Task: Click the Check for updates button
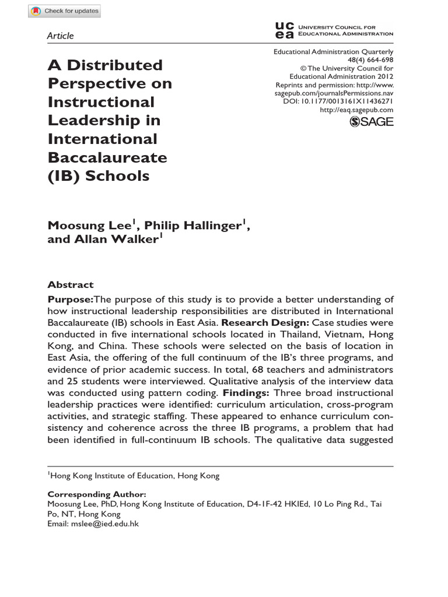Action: tap(65, 10)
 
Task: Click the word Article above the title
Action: tap(60, 36)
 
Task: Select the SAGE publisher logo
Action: tap(371, 121)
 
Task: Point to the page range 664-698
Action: tap(378, 60)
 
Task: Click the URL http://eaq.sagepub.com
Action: tap(357, 110)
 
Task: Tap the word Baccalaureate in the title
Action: tap(107, 157)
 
